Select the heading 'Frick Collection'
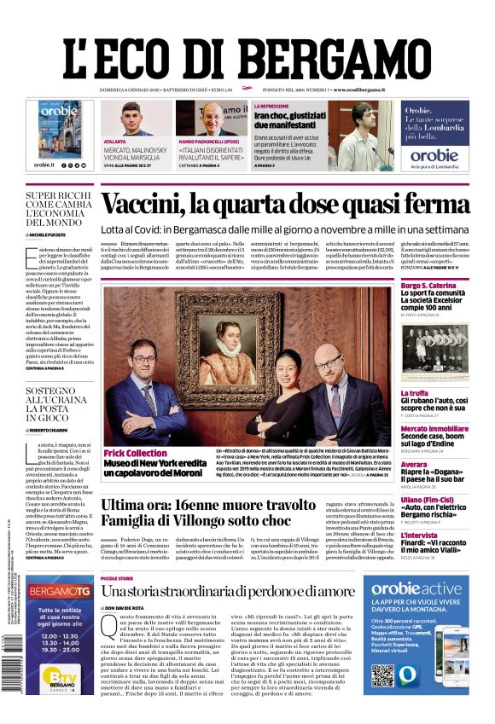coord(135,453)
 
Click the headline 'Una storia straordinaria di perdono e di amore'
coord(228,592)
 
